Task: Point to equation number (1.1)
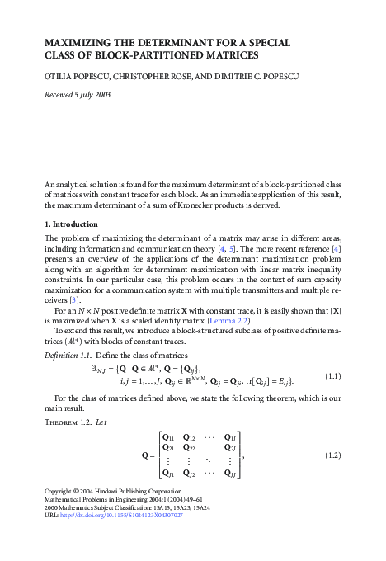[333, 376]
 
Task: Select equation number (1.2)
[333, 455]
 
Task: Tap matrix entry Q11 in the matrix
[170, 437]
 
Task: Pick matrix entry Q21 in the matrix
[170, 449]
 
